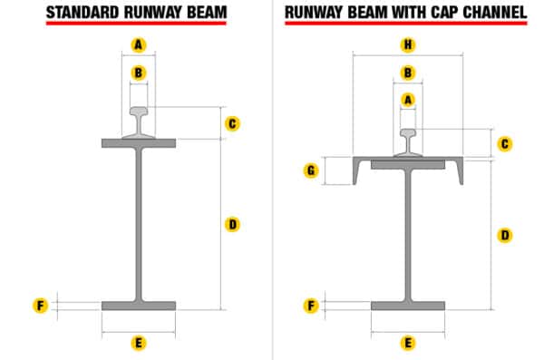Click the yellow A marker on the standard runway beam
(138, 44)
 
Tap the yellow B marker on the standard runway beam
(138, 72)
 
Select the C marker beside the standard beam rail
(232, 123)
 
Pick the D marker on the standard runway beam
(232, 224)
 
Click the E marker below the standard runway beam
(138, 343)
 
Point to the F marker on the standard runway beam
(40, 306)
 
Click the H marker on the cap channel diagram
(407, 44)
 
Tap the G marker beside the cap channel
(311, 170)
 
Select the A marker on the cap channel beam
(407, 99)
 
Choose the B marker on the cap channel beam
(407, 72)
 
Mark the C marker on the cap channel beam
(505, 143)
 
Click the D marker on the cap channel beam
(505, 235)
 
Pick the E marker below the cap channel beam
(408, 343)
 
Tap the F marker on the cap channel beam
(311, 306)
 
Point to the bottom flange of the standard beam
(139, 306)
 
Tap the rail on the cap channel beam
(409, 143)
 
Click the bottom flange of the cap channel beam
(408, 306)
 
